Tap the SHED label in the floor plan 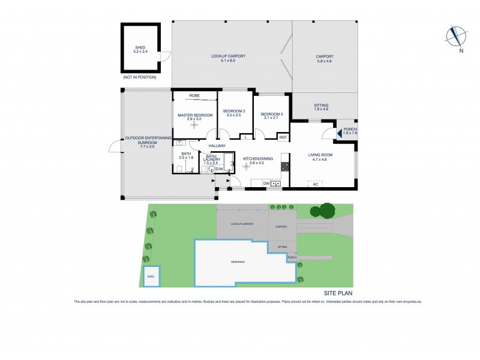[x=140, y=47]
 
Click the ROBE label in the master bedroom [x=194, y=95]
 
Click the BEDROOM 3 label [x=271, y=114]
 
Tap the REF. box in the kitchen [x=283, y=137]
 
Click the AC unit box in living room [x=315, y=184]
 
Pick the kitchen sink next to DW [x=275, y=184]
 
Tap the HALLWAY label [x=217, y=146]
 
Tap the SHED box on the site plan [x=151, y=276]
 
